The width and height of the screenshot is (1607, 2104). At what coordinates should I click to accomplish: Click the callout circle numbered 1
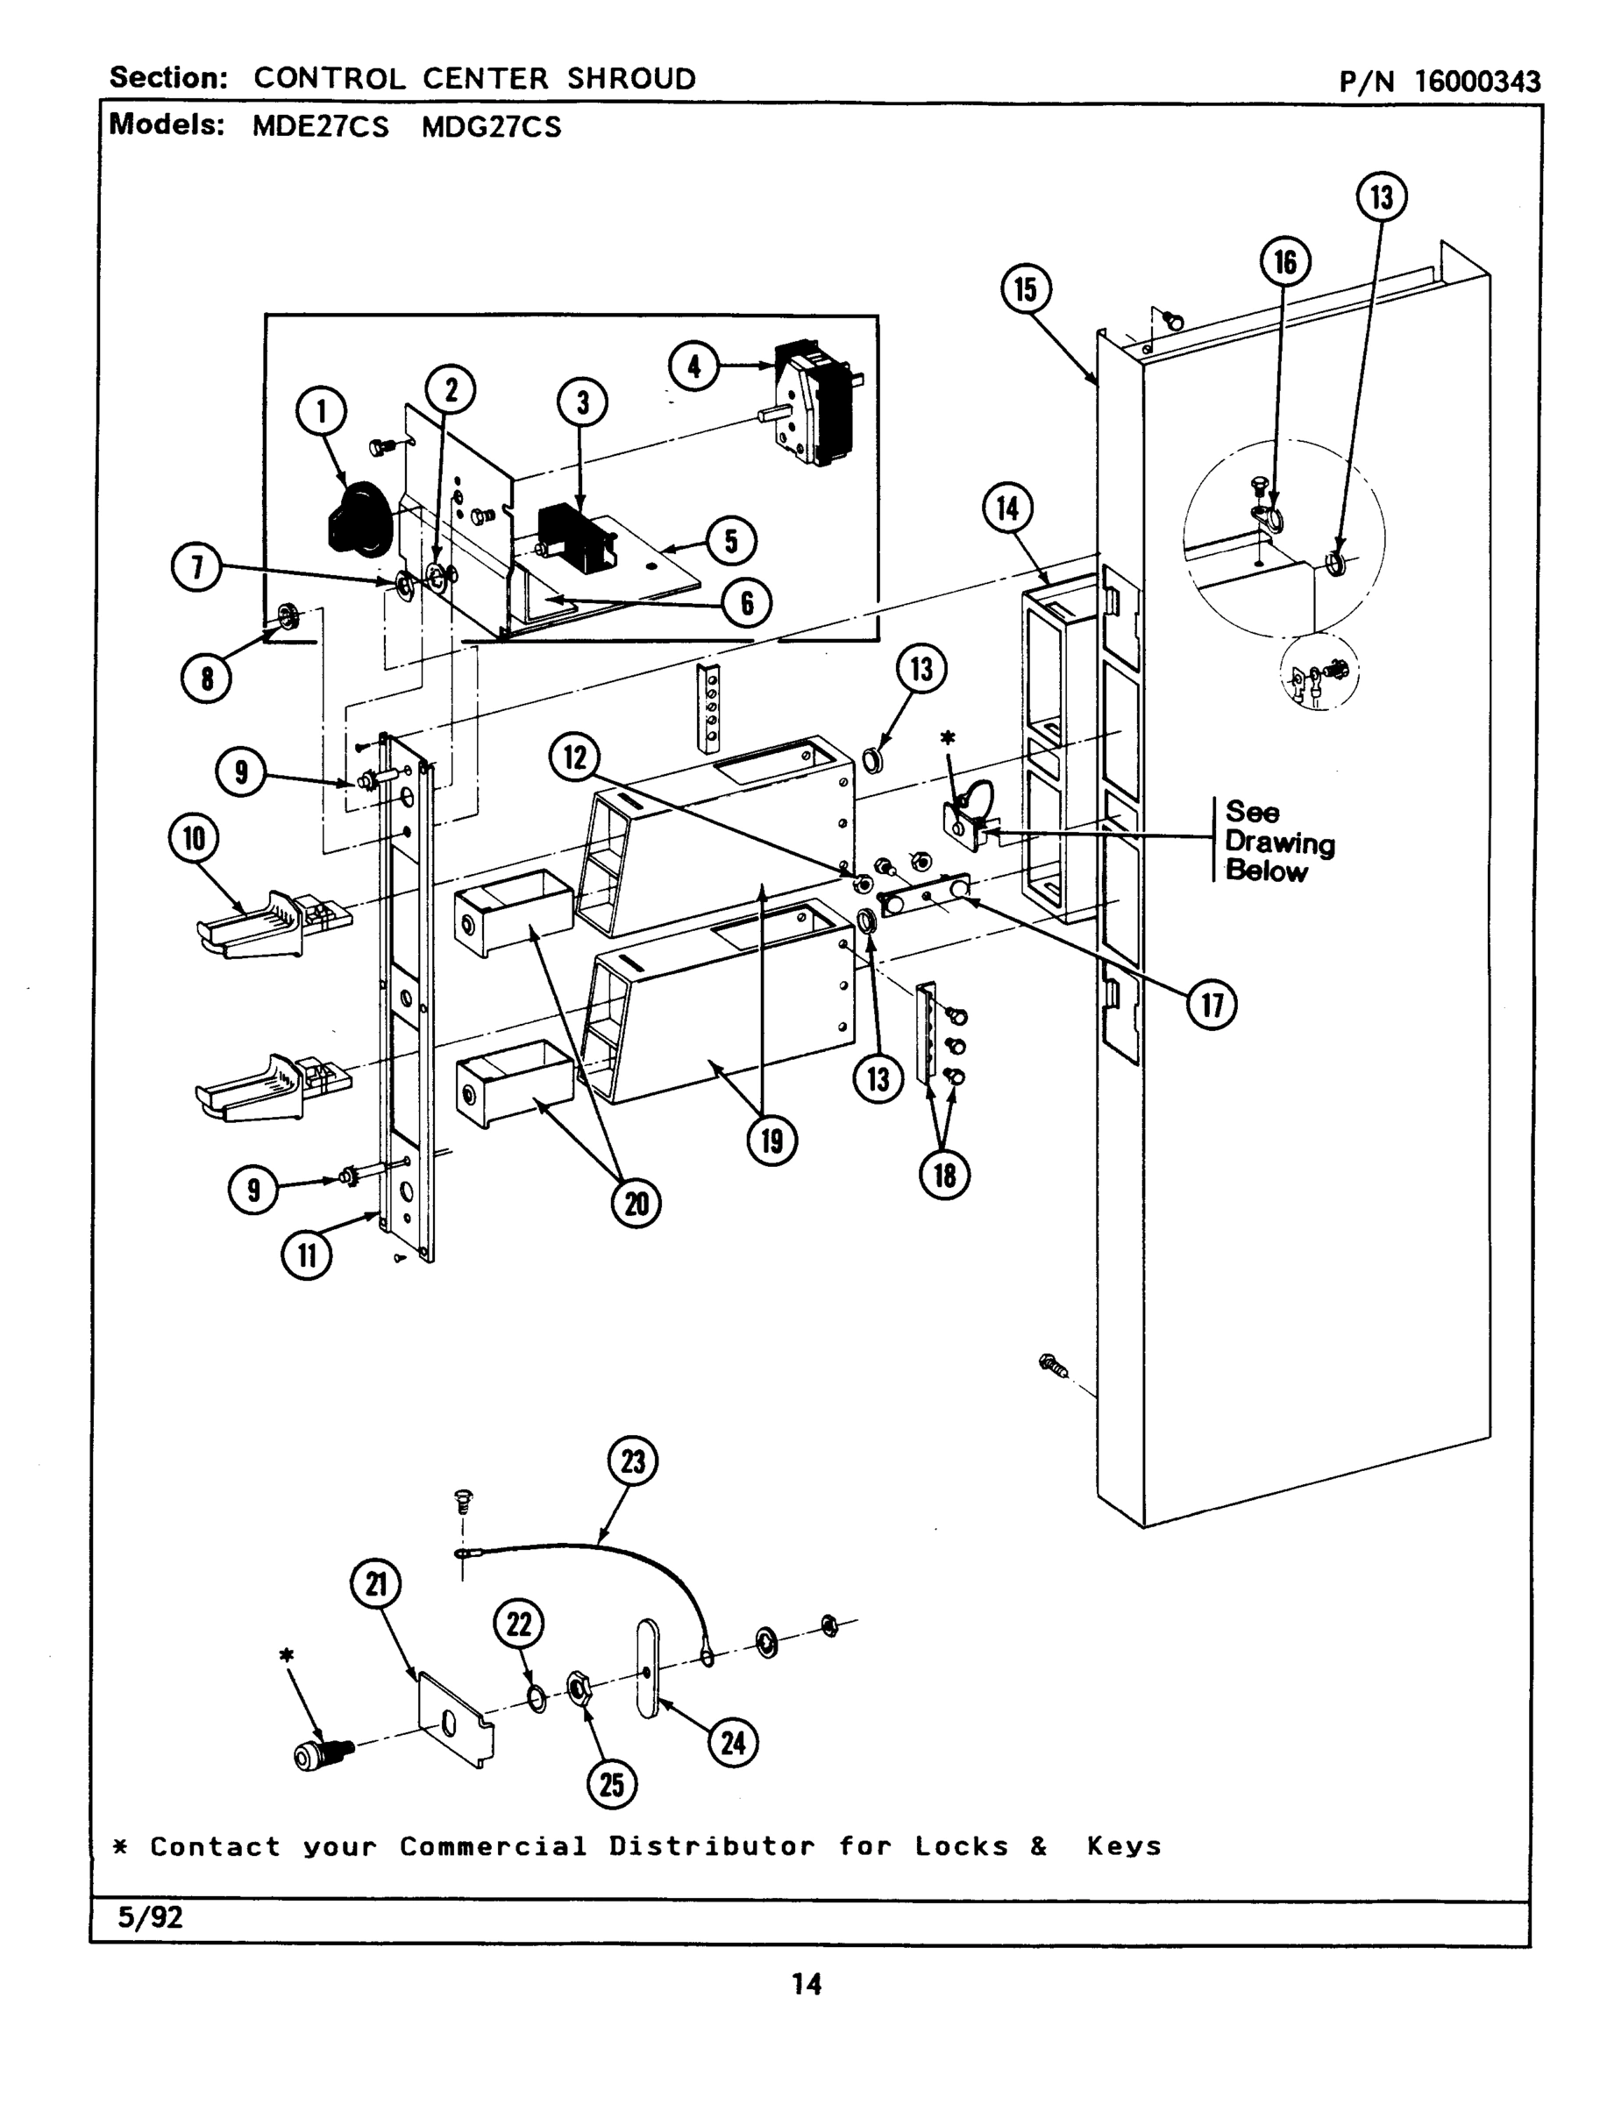tap(321, 411)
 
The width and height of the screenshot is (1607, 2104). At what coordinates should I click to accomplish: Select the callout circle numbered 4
tap(693, 366)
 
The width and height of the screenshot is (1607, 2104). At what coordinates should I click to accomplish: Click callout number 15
tap(1026, 288)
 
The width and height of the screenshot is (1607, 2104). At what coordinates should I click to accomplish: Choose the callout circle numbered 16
tap(1284, 262)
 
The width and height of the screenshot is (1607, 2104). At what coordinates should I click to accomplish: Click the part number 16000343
tap(1477, 82)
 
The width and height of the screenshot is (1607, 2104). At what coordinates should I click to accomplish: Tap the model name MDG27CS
tap(491, 127)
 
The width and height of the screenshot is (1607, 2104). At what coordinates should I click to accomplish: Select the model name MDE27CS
tap(321, 127)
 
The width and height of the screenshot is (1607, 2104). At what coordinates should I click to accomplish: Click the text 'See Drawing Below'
tap(1279, 842)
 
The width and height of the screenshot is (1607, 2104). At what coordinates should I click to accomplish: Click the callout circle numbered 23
tap(633, 1461)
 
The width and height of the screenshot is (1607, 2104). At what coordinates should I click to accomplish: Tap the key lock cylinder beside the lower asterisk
tap(321, 1754)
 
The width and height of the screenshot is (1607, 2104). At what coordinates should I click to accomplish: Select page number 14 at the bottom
tap(807, 1985)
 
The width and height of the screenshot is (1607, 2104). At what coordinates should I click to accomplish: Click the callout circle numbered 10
tap(194, 839)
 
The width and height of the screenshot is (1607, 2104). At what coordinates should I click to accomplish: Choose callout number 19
tap(772, 1140)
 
